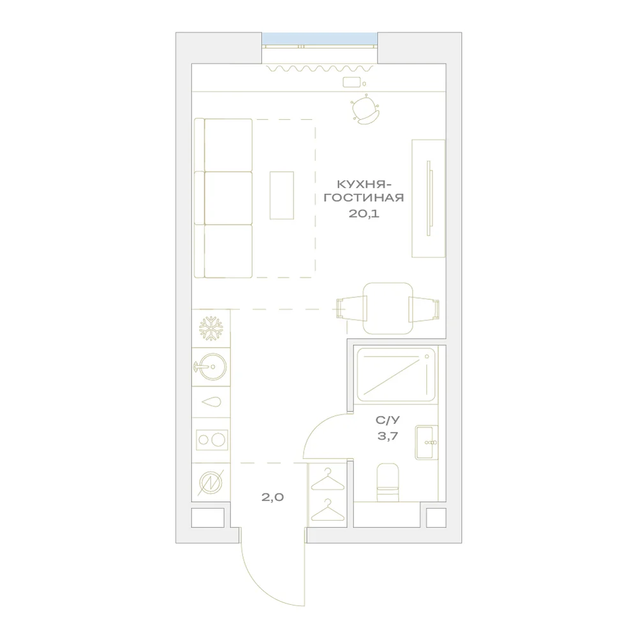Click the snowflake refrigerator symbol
click(x=211, y=329)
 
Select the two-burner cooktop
click(x=212, y=440)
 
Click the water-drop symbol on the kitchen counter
click(x=212, y=401)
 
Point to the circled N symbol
click(x=211, y=482)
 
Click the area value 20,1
click(x=364, y=213)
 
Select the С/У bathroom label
click(x=387, y=420)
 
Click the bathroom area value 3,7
click(x=387, y=436)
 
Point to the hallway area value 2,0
click(x=272, y=497)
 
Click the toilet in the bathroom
click(x=388, y=482)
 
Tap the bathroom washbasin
click(x=426, y=442)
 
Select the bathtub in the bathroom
click(x=396, y=375)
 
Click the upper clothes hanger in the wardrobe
click(x=327, y=479)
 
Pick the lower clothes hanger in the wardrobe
click(x=327, y=510)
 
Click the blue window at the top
click(x=320, y=39)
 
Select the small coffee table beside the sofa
click(x=281, y=195)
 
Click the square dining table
click(x=388, y=308)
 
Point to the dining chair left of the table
click(x=352, y=308)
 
